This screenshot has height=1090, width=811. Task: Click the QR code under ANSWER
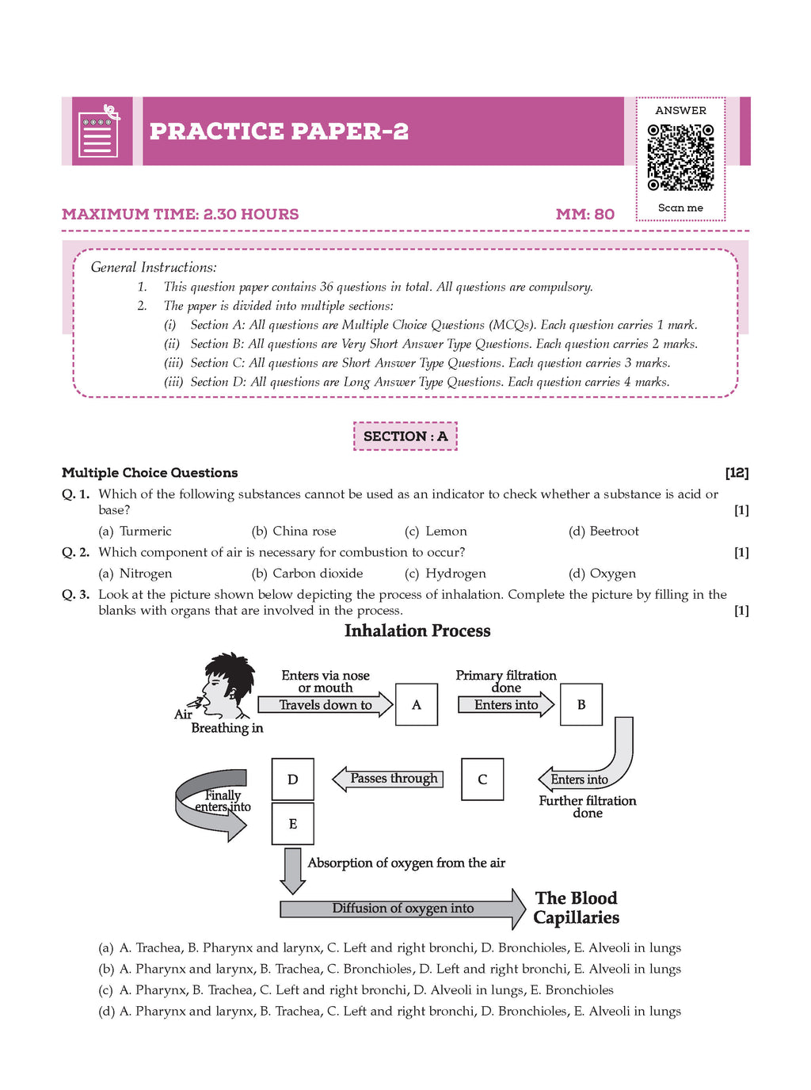680,157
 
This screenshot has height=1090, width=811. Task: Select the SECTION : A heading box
405,436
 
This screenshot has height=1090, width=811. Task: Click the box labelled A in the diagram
417,704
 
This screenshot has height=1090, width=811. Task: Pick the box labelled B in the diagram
581,704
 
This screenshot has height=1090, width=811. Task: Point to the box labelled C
482,779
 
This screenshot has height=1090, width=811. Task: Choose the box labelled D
293,779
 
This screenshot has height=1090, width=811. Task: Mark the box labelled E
293,824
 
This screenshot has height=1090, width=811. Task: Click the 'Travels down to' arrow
326,705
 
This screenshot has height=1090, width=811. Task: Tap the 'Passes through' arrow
387,779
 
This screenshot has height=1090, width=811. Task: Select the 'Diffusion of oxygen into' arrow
402,909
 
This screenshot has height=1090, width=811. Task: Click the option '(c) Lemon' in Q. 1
436,532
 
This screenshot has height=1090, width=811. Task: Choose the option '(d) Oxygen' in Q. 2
602,574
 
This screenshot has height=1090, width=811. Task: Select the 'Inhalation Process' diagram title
417,631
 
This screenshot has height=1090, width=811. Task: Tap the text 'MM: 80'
585,214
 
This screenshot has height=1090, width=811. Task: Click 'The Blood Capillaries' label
576,908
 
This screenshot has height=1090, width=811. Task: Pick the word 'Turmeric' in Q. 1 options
146,532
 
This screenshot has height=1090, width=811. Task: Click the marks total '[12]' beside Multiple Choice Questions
737,473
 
